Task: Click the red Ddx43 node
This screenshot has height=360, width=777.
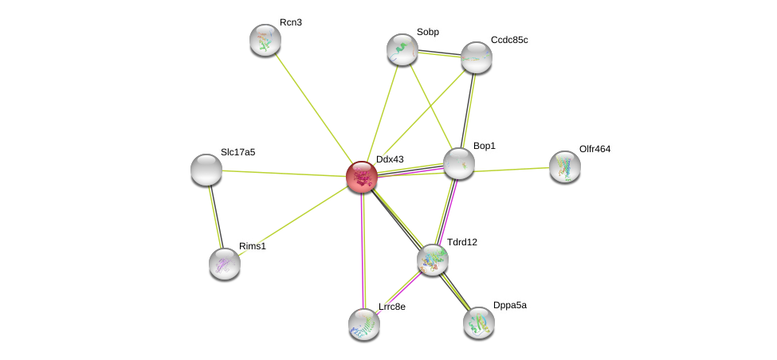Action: [362, 176]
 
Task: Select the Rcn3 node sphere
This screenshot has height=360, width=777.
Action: [265, 40]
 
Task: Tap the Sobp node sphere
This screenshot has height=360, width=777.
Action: [402, 49]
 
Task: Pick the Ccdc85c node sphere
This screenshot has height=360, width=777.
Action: [477, 57]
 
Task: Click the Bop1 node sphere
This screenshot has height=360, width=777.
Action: [459, 163]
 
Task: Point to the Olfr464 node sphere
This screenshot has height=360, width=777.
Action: [565, 166]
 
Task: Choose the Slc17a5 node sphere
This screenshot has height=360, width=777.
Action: [206, 170]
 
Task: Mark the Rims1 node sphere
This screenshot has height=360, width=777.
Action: [225, 264]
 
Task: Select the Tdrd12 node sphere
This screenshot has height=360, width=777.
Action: [433, 260]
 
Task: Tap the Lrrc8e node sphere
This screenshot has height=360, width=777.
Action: [364, 323]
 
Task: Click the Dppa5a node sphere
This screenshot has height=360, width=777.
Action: [479, 322]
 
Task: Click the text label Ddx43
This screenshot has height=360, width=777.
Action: [390, 159]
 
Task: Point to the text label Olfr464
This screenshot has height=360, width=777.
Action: [595, 149]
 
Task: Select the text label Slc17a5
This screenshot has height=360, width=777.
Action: [238, 152]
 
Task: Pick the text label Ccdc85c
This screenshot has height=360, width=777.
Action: [509, 40]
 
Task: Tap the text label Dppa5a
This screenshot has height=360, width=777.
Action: [509, 305]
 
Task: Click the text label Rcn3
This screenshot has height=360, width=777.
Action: [291, 22]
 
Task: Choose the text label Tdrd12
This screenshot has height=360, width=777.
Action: [462, 242]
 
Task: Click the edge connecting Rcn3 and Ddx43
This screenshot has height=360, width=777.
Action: [313, 108]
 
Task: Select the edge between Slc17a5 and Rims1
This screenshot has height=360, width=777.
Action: [215, 217]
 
